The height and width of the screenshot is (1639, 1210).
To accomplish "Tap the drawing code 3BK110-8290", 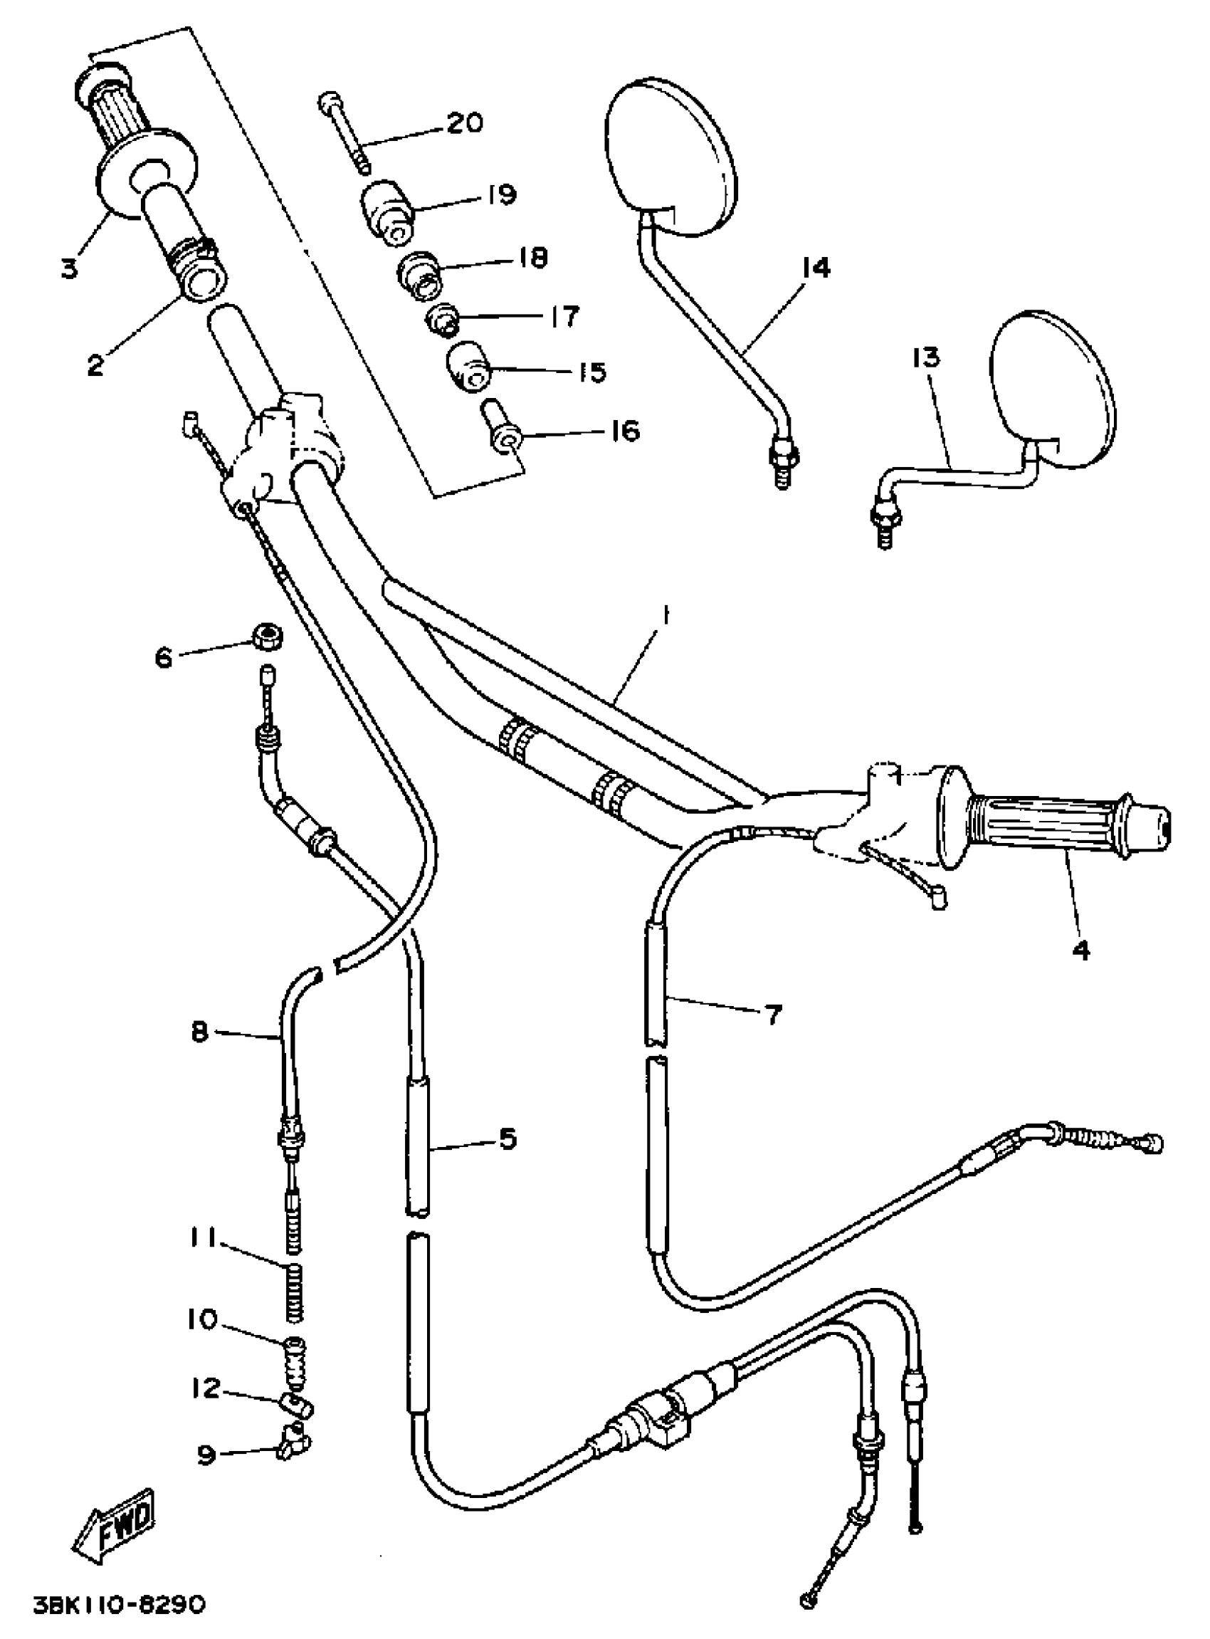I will click(x=120, y=1606).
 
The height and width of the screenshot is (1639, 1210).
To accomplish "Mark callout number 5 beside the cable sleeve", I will click(x=507, y=1139).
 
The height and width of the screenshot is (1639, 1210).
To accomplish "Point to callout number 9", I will click(x=207, y=1455).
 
